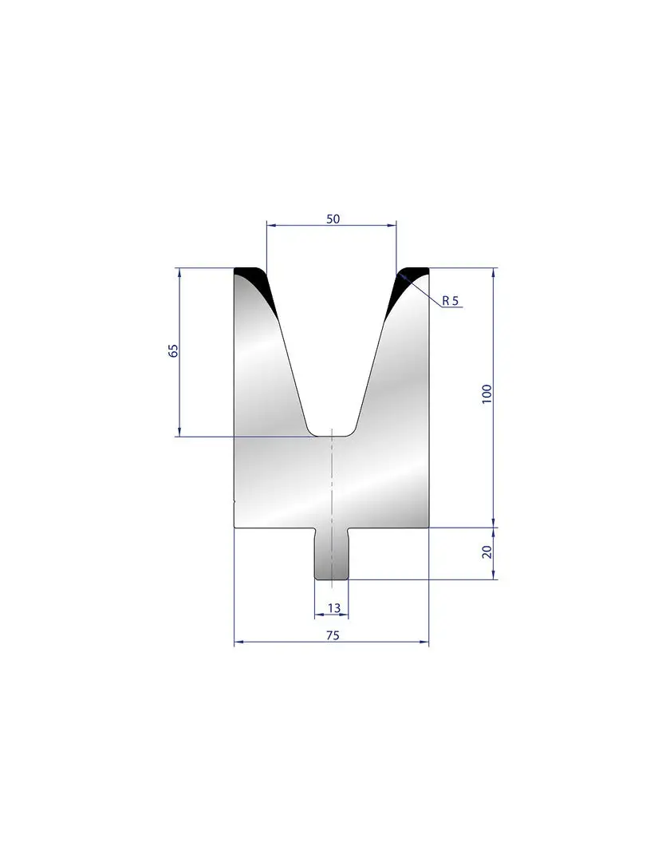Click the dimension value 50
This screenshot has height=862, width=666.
(333, 219)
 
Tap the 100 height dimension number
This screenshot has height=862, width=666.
(487, 395)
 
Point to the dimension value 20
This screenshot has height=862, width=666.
(487, 552)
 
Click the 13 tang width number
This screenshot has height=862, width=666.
(333, 607)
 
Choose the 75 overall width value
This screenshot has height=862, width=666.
(333, 635)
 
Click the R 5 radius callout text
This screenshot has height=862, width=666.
(450, 300)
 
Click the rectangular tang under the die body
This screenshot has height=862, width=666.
(331, 554)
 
